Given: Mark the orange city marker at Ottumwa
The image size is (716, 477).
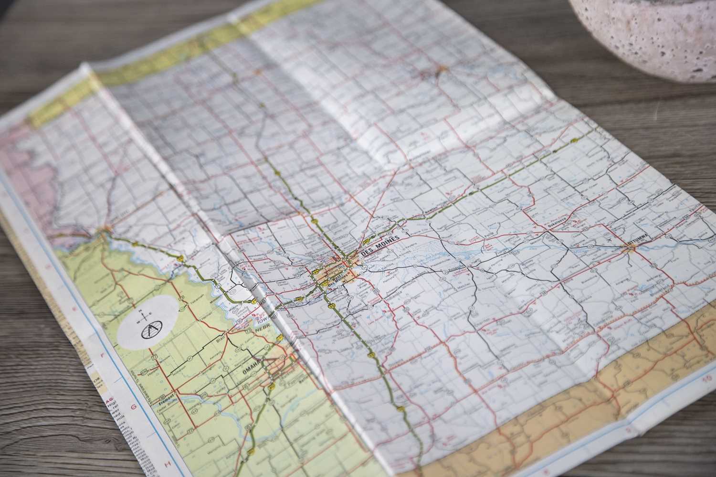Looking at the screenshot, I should click(x=626, y=246).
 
